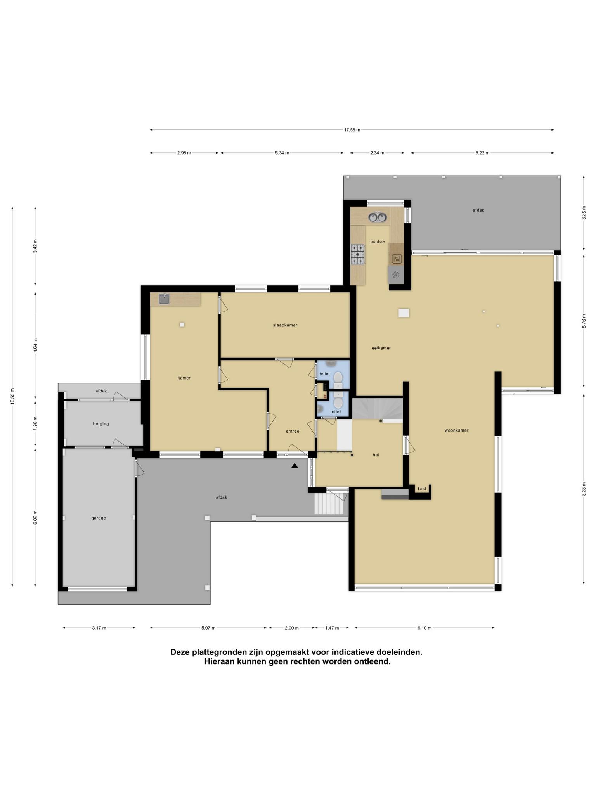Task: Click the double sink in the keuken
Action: point(378,217)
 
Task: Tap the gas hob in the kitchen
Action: point(358,254)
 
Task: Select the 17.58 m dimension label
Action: point(352,130)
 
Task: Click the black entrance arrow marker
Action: point(295,466)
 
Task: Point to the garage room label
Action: point(99,518)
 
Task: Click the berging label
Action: point(101,424)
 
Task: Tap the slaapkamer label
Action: point(285,325)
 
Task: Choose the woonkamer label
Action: point(457,430)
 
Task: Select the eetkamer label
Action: point(381,348)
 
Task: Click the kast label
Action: point(422,489)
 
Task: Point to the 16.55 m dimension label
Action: point(12,397)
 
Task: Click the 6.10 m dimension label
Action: point(424,628)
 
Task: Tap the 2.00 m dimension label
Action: point(292,628)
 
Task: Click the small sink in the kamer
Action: point(164,299)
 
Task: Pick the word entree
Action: point(293,431)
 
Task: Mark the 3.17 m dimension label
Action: point(99,628)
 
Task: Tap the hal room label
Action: point(376,455)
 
